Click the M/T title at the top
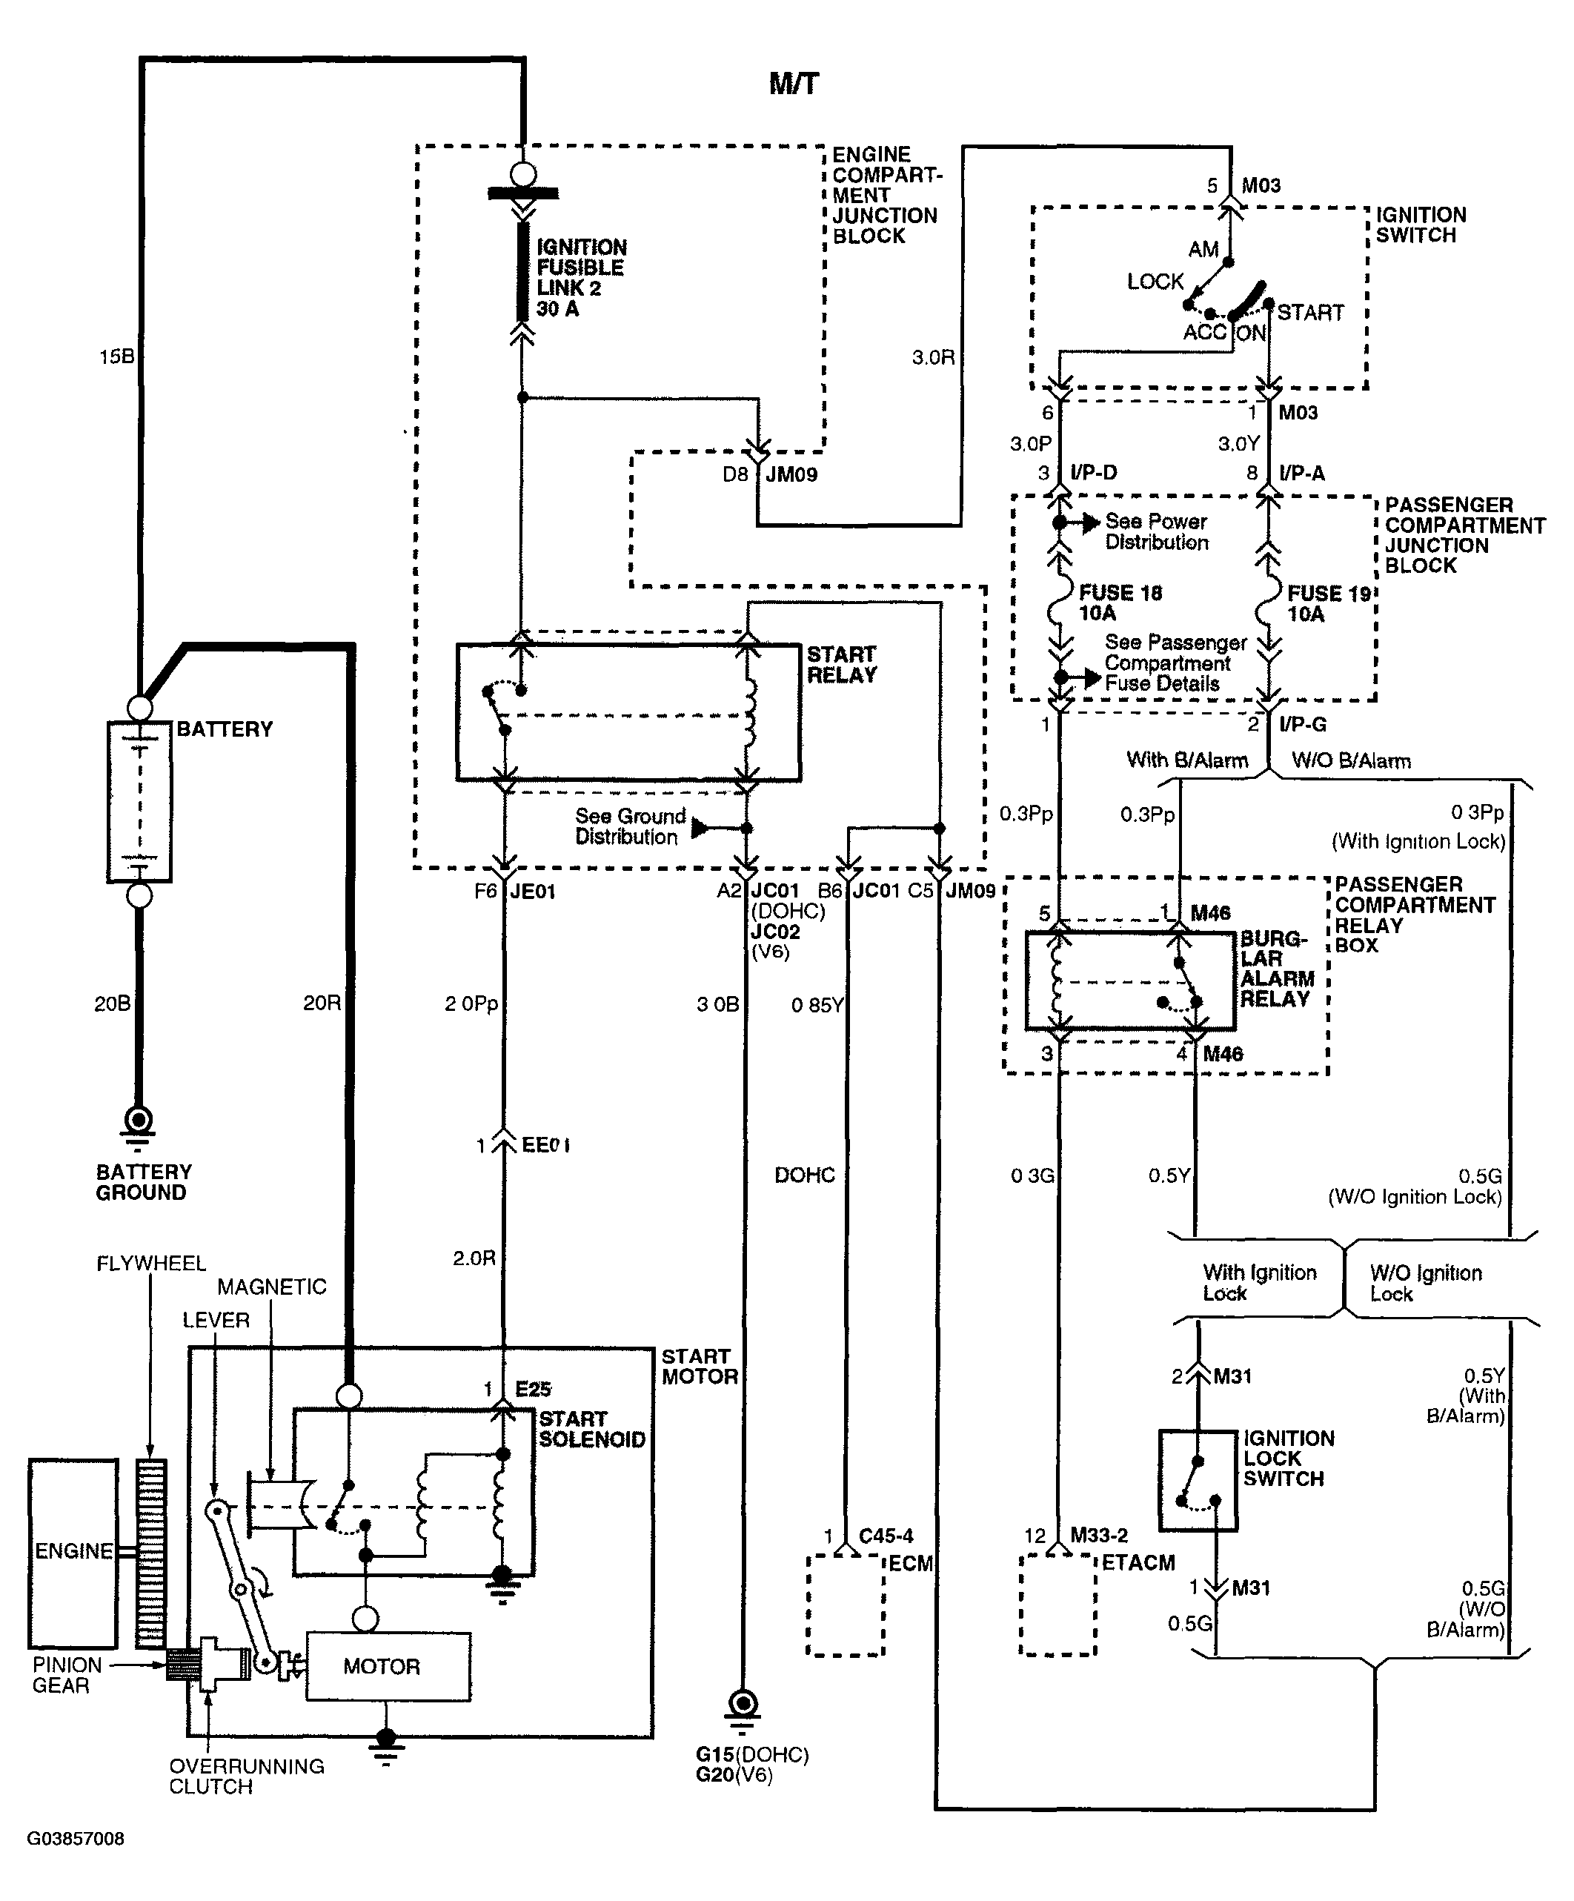[x=794, y=84]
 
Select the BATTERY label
[x=225, y=729]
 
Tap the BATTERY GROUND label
[x=144, y=1182]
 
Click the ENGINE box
[x=73, y=1553]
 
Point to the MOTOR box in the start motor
[x=388, y=1667]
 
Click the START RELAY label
[x=842, y=665]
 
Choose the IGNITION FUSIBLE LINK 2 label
[x=581, y=278]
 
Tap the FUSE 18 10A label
[x=1120, y=603]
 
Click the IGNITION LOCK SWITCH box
[x=1198, y=1480]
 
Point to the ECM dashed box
[x=845, y=1606]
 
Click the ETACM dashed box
[x=1058, y=1605]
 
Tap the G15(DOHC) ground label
[x=752, y=1755]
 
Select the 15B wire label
[x=116, y=356]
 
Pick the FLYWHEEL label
[x=151, y=1263]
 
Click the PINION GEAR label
[x=67, y=1675]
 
